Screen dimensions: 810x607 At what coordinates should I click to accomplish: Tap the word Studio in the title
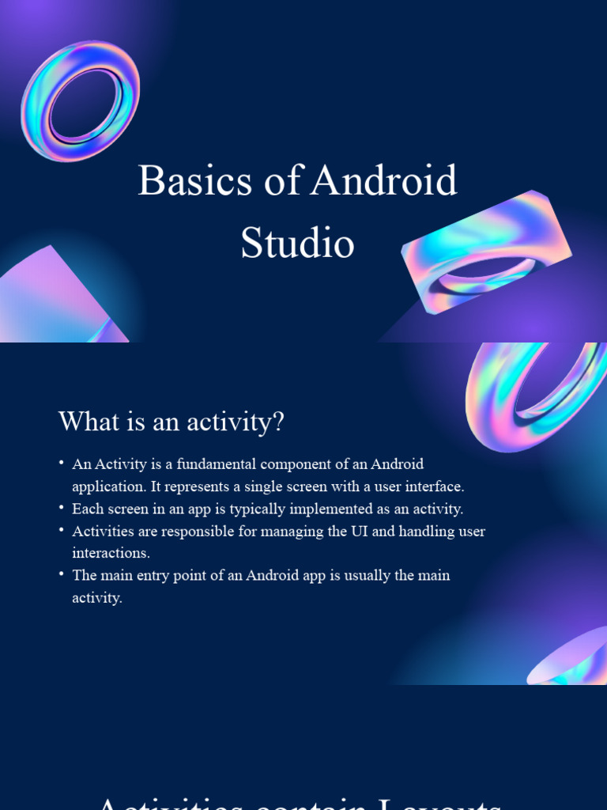[x=297, y=243]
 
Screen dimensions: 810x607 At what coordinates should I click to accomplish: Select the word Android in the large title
[x=384, y=181]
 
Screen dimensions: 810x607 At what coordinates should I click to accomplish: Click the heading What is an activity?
[x=171, y=422]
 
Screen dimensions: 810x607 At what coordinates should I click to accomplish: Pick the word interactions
[x=111, y=553]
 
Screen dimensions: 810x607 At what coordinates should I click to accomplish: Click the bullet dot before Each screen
[x=62, y=509]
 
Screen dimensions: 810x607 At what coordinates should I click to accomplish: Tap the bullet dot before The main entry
[x=62, y=575]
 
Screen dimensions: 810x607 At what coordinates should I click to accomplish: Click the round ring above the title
[x=80, y=100]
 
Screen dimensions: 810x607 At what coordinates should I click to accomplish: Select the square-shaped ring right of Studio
[x=485, y=251]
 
